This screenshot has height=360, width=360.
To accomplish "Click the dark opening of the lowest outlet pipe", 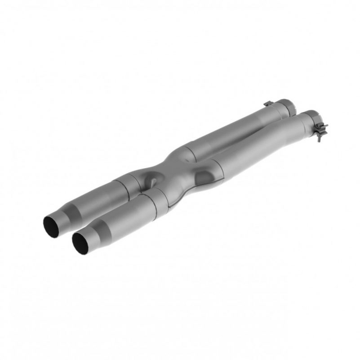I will pyautogui.click(x=80, y=242).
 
